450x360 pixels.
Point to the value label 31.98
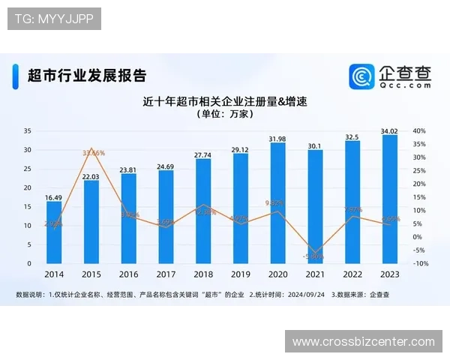277,139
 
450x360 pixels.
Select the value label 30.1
315,145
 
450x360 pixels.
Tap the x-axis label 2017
166,274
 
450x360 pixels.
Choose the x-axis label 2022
352,274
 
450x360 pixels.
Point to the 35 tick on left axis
28,130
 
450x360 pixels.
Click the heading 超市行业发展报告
86,75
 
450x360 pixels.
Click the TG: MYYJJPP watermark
54,19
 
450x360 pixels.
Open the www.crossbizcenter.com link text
363,342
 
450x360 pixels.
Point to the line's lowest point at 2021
316,253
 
